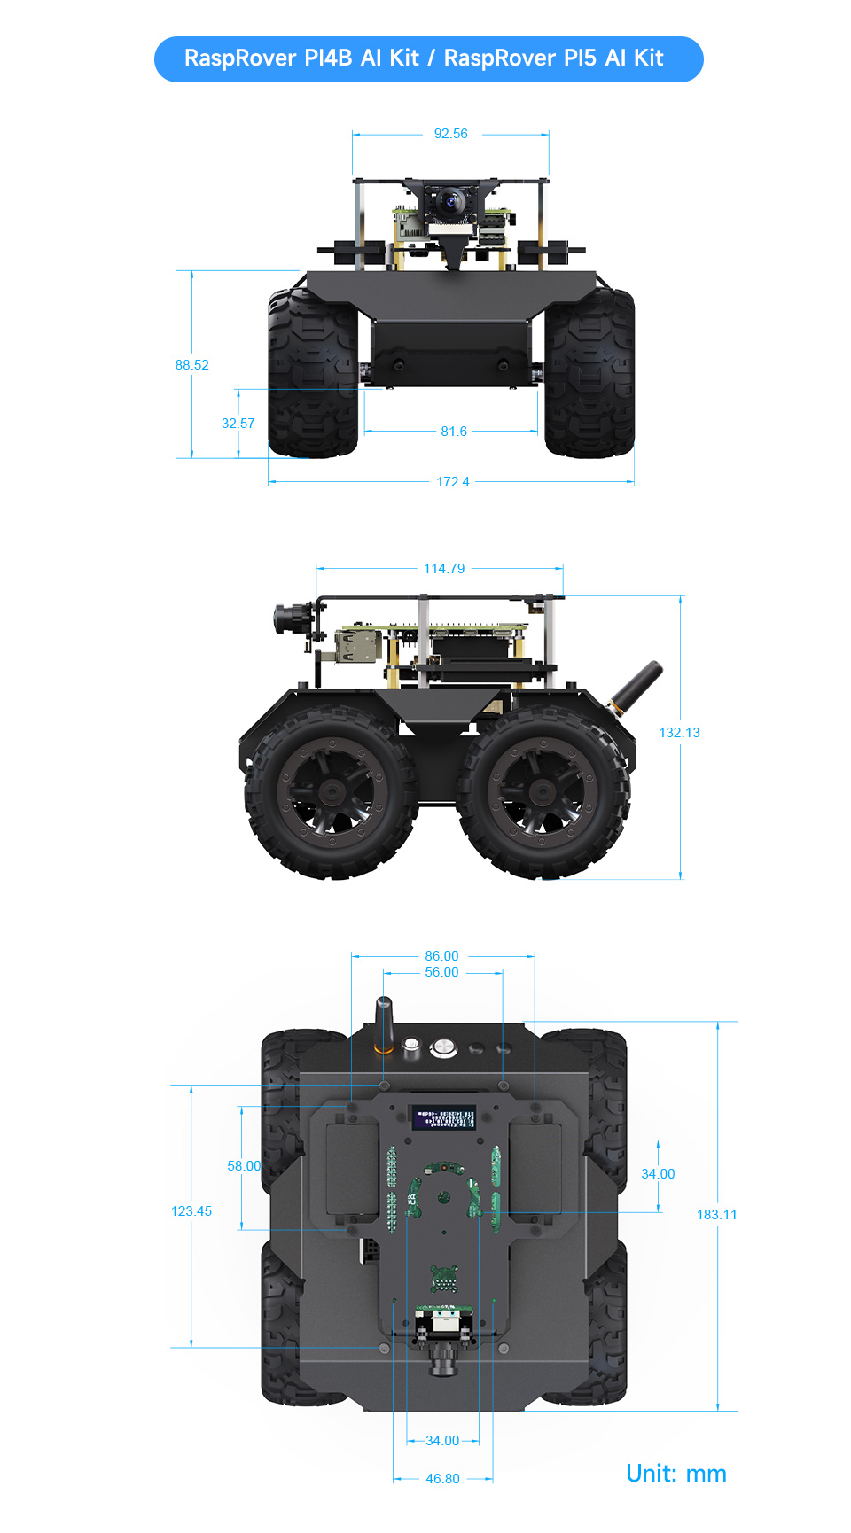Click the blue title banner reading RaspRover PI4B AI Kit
428,58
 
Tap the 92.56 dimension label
450,134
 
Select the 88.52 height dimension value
192,365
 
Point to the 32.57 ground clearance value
238,424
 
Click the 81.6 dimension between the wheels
453,432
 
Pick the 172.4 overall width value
452,482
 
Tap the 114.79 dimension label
443,569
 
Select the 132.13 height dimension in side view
679,733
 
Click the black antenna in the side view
641,684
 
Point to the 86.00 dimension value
441,956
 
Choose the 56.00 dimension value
441,972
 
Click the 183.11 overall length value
716,1215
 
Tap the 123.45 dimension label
191,1211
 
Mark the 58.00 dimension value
244,1166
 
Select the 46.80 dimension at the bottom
442,1479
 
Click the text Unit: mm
675,1474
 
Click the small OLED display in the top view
443,1117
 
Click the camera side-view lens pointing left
287,618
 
